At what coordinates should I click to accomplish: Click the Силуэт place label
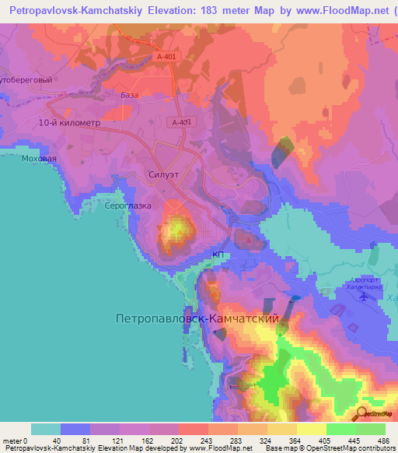[x=163, y=175]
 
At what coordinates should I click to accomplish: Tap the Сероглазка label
[x=128, y=209]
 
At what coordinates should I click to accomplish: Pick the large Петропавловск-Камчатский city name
[x=196, y=318]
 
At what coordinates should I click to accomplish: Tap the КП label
[x=218, y=255]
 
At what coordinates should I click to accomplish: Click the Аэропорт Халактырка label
[x=364, y=283]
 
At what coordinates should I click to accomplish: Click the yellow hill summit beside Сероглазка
[x=176, y=229]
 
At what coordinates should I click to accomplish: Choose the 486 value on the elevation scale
[x=384, y=441]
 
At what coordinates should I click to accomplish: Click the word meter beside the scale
[x=11, y=441]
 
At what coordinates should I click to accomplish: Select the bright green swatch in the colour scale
[x=340, y=429]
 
